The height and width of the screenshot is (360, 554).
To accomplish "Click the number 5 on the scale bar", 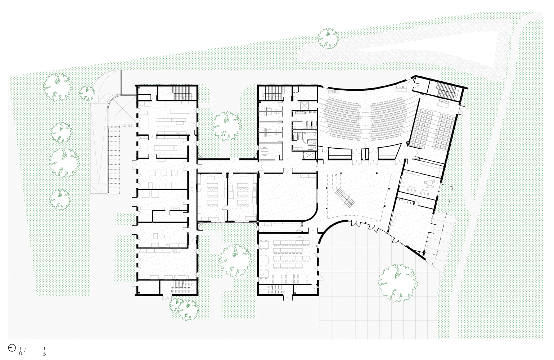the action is (45, 354).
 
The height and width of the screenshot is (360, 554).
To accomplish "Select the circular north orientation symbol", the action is (12, 348).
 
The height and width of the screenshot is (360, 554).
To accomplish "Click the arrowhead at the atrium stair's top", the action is (335, 175).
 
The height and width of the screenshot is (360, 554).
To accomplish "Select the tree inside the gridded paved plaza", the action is (398, 283).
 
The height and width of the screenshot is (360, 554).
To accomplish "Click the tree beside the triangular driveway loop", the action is (328, 39).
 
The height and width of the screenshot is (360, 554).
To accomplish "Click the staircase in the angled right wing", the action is (446, 90).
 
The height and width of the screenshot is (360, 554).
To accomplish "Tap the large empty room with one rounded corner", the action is (287, 196).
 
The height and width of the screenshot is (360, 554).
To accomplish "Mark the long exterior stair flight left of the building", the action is (114, 159).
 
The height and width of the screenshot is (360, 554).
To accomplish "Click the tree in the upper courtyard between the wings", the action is (226, 126).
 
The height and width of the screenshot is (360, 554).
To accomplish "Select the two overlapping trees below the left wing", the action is (184, 309).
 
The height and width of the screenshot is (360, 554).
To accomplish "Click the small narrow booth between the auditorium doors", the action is (365, 156).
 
